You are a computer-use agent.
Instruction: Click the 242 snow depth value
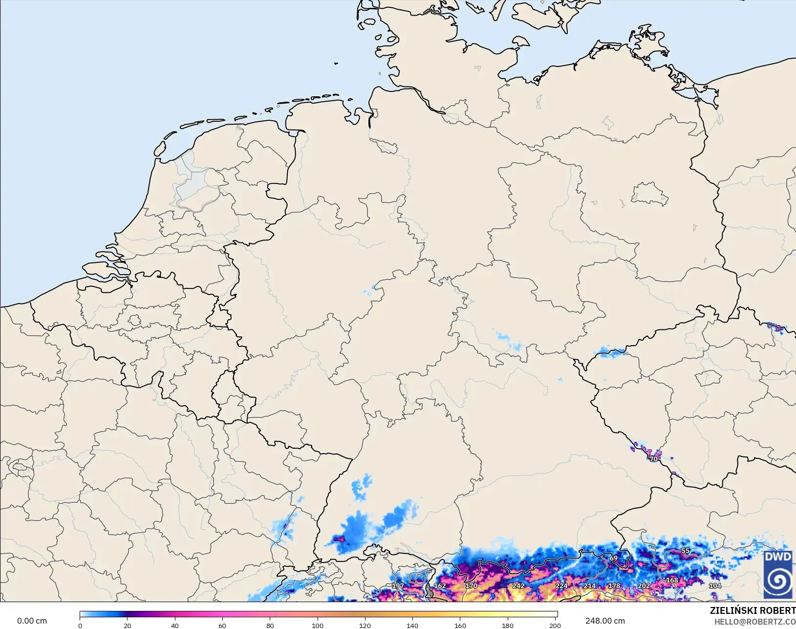518,586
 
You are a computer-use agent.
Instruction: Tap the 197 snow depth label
398,586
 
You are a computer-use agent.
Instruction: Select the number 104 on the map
715,586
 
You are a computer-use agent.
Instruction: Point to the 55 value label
685,551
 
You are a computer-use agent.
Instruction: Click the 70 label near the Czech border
653,459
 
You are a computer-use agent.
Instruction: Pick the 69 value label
613,558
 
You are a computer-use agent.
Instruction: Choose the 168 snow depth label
672,580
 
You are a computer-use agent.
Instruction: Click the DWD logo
778,575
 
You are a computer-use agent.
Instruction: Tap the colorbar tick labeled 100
318,625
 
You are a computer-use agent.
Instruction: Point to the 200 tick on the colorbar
555,625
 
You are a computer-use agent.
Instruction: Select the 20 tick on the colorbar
128,625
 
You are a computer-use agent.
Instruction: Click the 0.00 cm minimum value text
32,621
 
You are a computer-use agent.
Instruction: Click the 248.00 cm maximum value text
605,621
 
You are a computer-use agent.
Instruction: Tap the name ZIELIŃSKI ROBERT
753,611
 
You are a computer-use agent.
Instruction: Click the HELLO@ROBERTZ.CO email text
755,622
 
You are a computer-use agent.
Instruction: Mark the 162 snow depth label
440,586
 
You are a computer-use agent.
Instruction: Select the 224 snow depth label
561,586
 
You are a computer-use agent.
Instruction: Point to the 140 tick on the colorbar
412,625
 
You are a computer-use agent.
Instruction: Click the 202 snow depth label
644,586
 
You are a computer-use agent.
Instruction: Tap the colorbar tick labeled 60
222,625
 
